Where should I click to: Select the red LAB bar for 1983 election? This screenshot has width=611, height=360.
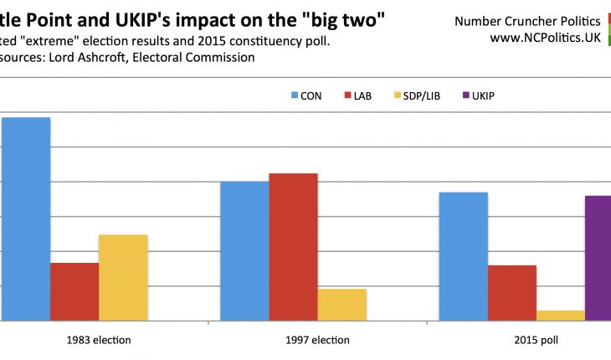(74, 291)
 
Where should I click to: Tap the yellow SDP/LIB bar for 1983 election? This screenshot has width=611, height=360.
(123, 277)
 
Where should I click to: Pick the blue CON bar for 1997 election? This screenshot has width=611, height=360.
(244, 250)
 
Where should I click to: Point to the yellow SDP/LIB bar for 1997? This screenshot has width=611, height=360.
(341, 305)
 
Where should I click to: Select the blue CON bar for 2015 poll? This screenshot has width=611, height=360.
(463, 256)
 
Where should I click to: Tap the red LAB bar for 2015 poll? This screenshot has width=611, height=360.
(511, 293)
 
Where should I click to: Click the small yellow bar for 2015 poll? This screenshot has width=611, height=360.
(560, 316)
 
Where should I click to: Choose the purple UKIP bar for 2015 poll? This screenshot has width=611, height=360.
(598, 258)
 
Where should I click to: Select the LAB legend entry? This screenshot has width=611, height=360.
(362, 96)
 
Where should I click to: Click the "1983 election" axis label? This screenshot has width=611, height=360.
(100, 340)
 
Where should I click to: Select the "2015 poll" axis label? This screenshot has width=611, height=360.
(536, 340)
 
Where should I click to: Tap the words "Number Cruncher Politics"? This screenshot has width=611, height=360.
(526, 20)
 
